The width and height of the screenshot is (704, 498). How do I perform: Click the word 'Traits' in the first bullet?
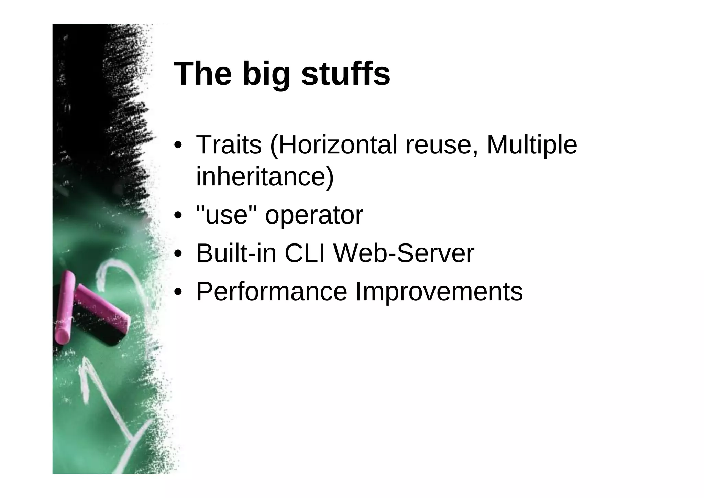pos(229,145)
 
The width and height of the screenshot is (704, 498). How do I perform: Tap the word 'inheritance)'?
pos(265,176)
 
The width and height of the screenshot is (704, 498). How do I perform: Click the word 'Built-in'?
pos(236,253)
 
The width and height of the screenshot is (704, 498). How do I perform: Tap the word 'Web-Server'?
pos(404,253)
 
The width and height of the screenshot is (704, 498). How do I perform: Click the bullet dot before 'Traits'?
pos(178,145)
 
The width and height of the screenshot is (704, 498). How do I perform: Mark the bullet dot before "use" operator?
pos(178,216)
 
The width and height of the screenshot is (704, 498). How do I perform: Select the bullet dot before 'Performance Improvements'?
pos(178,292)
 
